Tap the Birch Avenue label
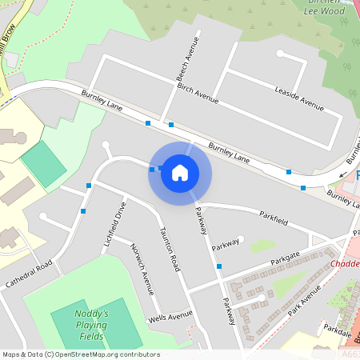pos(198,93)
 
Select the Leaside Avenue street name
pos(298,95)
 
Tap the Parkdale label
pos(338,328)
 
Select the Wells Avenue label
pos(170,318)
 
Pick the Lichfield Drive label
pos(110,223)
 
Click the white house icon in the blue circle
pos(180,173)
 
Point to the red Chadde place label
pos(344,264)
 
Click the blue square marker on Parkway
pos(219,266)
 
